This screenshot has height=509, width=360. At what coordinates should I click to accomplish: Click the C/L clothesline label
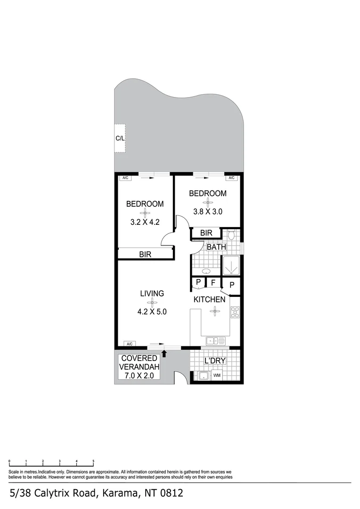pyautogui.click(x=120, y=139)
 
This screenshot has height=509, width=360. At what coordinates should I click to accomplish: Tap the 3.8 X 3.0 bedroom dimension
pyautogui.click(x=208, y=212)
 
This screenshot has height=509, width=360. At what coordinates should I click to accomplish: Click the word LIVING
pyautogui.click(x=152, y=294)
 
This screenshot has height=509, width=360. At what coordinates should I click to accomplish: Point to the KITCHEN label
pyautogui.click(x=209, y=300)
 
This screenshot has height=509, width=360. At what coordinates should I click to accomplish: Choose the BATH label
pyautogui.click(x=216, y=247)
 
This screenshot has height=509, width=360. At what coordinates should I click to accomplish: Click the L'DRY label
pyautogui.click(x=215, y=361)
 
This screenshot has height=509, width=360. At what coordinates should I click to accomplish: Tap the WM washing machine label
pyautogui.click(x=217, y=376)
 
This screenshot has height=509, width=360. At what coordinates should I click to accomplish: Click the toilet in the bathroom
pyautogui.click(x=231, y=235)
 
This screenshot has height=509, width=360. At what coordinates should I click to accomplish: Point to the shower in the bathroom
pyautogui.click(x=231, y=266)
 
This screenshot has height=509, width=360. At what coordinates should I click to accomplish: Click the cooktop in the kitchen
pyautogui.click(x=234, y=312)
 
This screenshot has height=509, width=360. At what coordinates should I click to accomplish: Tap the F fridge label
pyautogui.click(x=213, y=283)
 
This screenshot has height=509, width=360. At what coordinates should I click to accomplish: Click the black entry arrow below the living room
pyautogui.click(x=164, y=353)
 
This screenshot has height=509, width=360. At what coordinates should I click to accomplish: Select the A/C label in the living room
pyautogui.click(x=130, y=344)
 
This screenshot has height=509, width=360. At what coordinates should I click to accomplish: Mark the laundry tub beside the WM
pyautogui.click(x=204, y=376)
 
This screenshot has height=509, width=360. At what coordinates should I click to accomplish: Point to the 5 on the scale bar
pyautogui.click(x=93, y=461)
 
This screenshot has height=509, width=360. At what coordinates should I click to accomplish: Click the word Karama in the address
pyautogui.click(x=118, y=493)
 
